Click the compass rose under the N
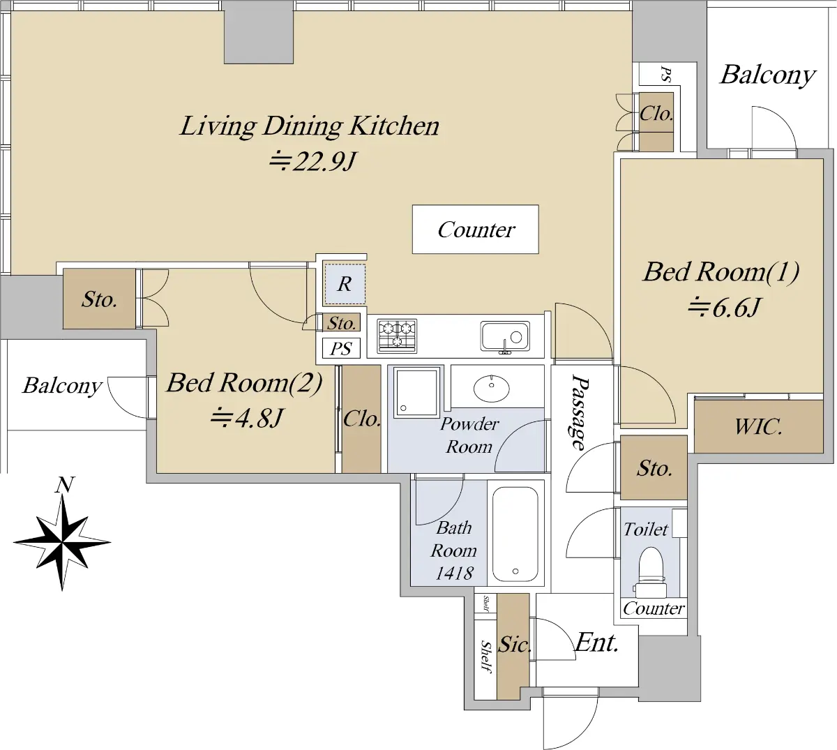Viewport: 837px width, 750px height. [x=62, y=542]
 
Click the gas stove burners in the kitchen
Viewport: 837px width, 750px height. [x=397, y=336]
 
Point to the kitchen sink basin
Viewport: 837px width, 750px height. [x=505, y=337]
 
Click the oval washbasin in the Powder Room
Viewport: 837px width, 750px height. [x=491, y=388]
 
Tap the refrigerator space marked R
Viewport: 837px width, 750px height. [x=345, y=284]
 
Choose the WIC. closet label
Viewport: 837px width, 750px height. [x=758, y=426]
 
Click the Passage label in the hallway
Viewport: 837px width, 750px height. [x=580, y=412]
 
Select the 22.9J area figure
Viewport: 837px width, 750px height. [x=312, y=161]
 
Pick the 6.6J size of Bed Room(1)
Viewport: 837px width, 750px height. [x=723, y=307]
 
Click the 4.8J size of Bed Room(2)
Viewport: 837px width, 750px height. [x=246, y=417]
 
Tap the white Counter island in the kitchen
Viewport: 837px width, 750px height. [x=476, y=230]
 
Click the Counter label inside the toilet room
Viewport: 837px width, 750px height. [x=654, y=608]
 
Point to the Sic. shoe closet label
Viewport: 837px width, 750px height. [x=514, y=644]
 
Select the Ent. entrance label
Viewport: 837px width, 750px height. [x=596, y=643]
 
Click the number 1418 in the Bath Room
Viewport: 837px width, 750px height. [x=455, y=573]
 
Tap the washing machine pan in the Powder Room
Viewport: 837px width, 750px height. [x=416, y=392]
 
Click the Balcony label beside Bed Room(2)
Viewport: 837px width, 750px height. [x=62, y=386]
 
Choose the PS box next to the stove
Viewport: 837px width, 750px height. [x=341, y=348]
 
